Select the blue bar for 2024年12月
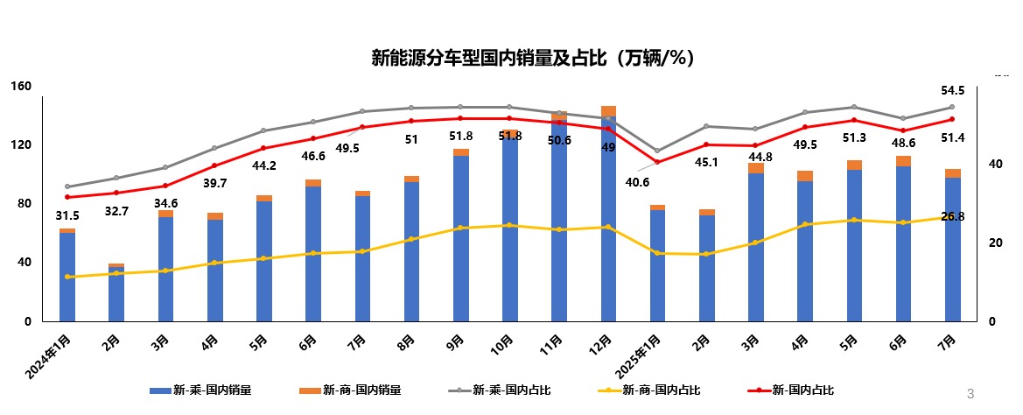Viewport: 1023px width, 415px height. point(608,219)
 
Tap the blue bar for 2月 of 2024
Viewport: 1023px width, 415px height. point(116,294)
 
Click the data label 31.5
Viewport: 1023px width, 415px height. point(67,216)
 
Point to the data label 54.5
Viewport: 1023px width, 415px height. point(952,91)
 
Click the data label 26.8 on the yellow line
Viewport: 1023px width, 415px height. point(952,216)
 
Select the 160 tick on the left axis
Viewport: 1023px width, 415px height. point(21,86)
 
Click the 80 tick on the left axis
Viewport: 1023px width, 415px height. point(25,204)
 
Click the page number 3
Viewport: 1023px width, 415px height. point(970,392)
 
